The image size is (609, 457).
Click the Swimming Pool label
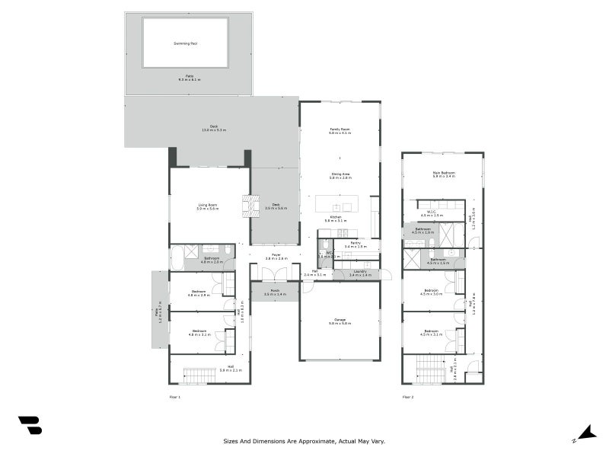(185, 43)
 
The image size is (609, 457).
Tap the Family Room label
(340, 129)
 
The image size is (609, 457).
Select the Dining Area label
(340, 174)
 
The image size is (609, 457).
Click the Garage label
(340, 320)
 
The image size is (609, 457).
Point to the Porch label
(275, 290)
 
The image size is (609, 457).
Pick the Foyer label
(275, 256)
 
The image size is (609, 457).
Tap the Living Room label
(208, 205)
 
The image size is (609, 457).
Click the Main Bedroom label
(444, 172)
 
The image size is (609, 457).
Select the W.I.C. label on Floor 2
(432, 212)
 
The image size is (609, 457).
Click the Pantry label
(356, 243)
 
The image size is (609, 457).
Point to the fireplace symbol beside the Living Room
(247, 206)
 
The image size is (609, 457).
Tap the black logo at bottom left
(30, 426)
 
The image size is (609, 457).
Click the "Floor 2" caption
(408, 398)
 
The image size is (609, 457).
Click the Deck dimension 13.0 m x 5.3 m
(214, 130)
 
